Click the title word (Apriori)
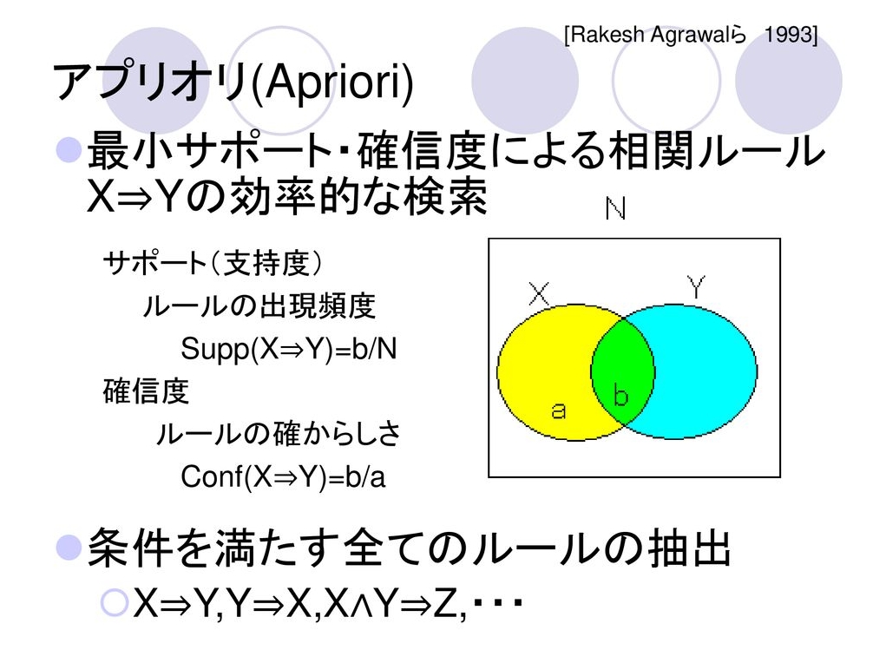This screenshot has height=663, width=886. point(332,83)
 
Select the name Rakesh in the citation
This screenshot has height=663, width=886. point(607,35)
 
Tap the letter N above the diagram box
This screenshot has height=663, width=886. point(615,208)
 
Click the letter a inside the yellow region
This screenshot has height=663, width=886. point(558,410)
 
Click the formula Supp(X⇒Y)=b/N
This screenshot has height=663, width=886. point(289,349)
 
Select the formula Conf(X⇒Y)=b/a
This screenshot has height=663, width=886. point(283,477)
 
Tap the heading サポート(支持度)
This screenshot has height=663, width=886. point(213,264)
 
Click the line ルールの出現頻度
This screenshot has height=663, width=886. point(259,306)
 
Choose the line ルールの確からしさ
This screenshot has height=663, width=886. point(278,434)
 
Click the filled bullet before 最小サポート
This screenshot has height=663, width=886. point(69,149)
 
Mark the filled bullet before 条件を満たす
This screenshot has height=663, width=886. point(69,547)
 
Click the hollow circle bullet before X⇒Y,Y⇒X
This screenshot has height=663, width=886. point(115,602)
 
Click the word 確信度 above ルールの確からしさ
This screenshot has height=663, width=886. point(146,391)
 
